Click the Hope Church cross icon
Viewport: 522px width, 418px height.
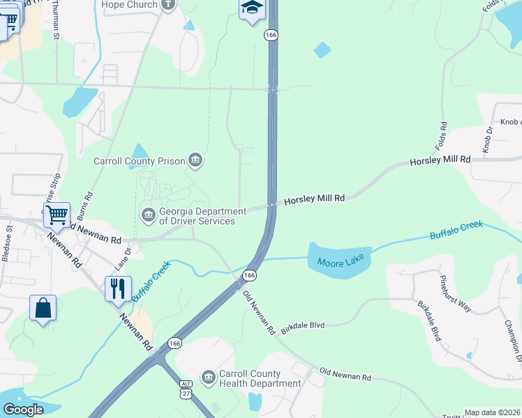click(x=167, y=5)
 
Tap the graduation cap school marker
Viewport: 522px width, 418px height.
click(x=251, y=9)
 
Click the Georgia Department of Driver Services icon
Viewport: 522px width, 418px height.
click(x=148, y=215)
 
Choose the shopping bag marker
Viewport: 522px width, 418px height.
click(x=43, y=308)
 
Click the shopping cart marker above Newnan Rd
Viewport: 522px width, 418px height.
click(x=57, y=214)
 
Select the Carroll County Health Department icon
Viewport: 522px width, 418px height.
click(x=208, y=378)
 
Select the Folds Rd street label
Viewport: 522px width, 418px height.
click(x=442, y=138)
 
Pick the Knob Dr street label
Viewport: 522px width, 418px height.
click(x=487, y=139)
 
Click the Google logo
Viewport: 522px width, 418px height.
click(x=23, y=410)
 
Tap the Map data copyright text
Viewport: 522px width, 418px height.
click(x=493, y=412)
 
